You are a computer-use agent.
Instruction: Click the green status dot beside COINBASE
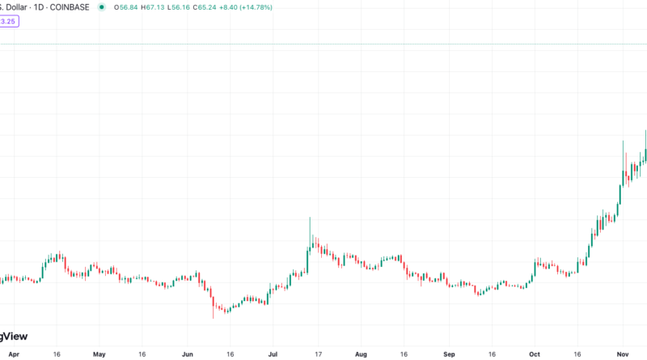[101, 7]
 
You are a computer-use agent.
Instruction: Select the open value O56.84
[125, 7]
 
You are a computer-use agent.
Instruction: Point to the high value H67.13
[152, 7]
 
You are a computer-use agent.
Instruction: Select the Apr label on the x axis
[12, 354]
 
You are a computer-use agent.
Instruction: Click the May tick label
[99, 354]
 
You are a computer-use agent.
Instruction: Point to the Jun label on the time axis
[188, 354]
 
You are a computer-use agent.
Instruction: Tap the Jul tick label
[273, 354]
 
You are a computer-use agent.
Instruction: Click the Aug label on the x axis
[361, 354]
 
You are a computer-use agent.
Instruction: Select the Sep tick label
[449, 354]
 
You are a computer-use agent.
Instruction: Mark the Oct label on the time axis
[534, 354]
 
